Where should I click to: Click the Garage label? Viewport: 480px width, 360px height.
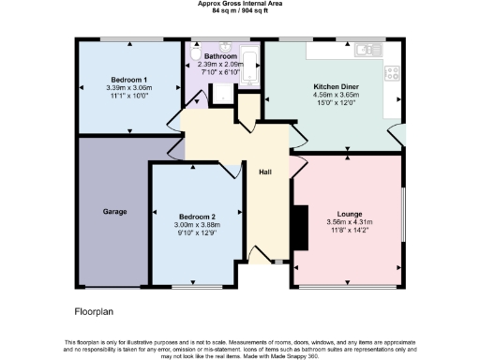tap(115, 211)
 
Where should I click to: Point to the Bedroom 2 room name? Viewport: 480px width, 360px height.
tap(198, 217)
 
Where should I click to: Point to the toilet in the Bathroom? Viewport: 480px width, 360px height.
tap(193, 57)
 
